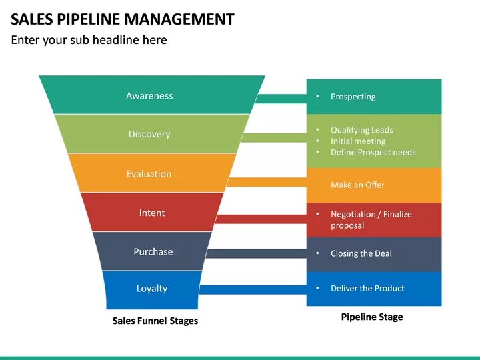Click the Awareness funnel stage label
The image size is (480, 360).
149,96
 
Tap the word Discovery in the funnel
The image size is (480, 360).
149,134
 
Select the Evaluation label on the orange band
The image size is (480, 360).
149,174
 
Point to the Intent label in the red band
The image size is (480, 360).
152,213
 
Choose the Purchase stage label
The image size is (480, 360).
153,252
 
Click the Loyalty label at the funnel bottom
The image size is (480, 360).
152,289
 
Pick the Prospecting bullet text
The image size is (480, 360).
353,97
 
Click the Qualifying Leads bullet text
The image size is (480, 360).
361,130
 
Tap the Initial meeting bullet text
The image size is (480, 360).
358,141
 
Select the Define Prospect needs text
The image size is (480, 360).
373,153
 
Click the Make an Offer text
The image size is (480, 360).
357,185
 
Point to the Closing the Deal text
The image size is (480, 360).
361,254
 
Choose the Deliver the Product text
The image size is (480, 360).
367,289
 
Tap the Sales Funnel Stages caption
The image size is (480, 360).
155,321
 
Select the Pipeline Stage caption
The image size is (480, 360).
372,317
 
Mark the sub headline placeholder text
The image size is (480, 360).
89,40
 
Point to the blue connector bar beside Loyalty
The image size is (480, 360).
253,289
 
